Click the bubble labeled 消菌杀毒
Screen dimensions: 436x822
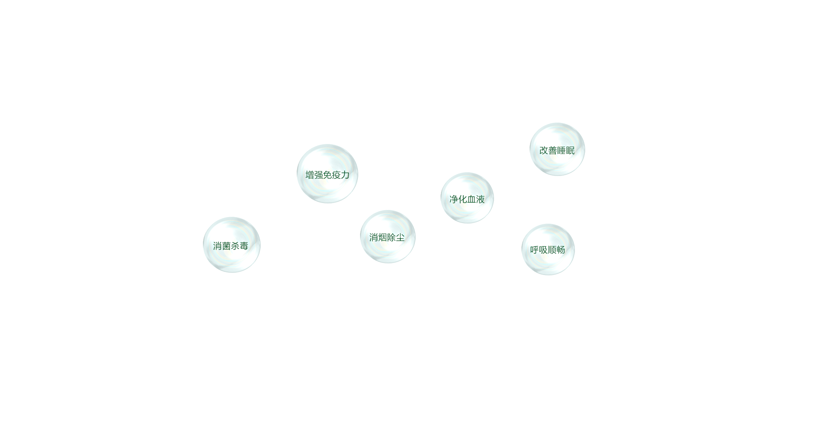pyautogui.click(x=232, y=245)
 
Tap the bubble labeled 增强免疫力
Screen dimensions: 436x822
pyautogui.click(x=328, y=173)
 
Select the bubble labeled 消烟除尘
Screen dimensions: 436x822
pyautogui.click(x=388, y=236)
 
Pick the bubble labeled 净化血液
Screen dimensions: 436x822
pyautogui.click(x=467, y=198)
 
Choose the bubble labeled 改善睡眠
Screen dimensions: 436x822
pyautogui.click(x=557, y=149)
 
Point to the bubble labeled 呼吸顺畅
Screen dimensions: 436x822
pyautogui.click(x=548, y=249)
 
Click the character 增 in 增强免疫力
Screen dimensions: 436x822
pyautogui.click(x=310, y=175)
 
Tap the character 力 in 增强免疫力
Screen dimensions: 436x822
pyautogui.click(x=345, y=175)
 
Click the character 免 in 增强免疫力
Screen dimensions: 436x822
pyautogui.click(x=328, y=175)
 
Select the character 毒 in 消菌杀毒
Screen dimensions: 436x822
pyautogui.click(x=244, y=246)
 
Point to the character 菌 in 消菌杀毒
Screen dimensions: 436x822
pyautogui.click(x=226, y=246)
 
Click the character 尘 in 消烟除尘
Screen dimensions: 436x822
pyautogui.click(x=400, y=238)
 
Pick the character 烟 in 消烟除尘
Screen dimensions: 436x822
pyautogui.click(x=383, y=238)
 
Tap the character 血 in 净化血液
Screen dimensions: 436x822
pyautogui.click(x=471, y=200)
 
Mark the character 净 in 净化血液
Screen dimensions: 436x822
pyautogui.click(x=454, y=200)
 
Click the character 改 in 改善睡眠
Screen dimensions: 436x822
pyautogui.click(x=544, y=151)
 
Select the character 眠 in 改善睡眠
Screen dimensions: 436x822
pyautogui.click(x=570, y=151)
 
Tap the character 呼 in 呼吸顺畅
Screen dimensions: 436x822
pyautogui.click(x=535, y=250)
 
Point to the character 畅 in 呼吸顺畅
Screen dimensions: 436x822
pyautogui.click(x=561, y=250)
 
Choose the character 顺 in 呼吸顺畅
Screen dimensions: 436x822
pyautogui.click(x=552, y=250)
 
